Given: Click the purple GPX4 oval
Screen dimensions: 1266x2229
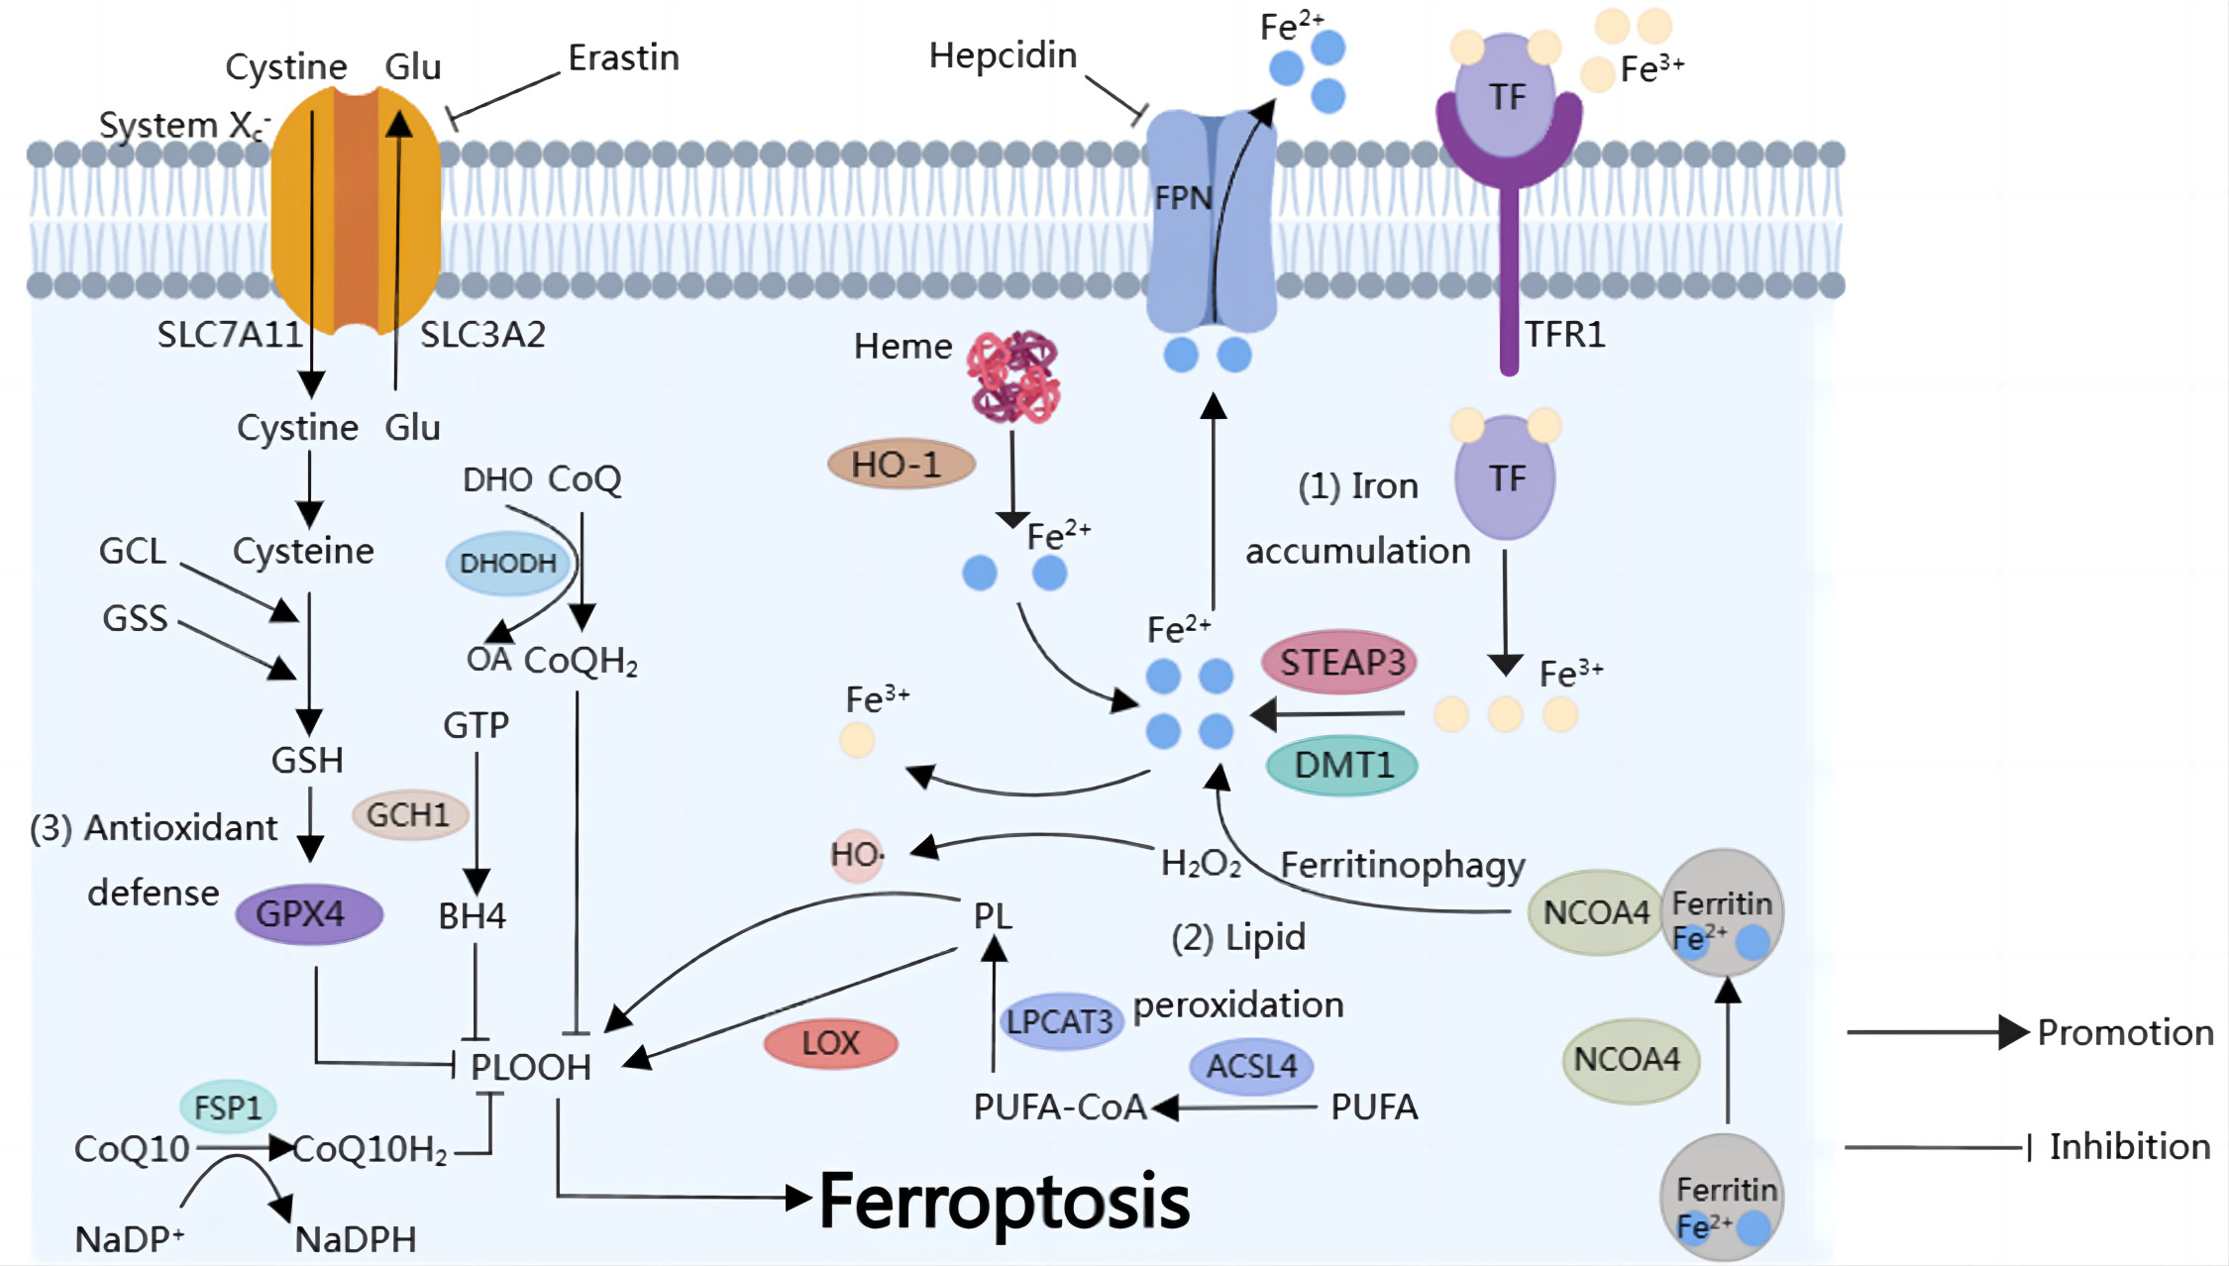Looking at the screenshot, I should [x=308, y=913].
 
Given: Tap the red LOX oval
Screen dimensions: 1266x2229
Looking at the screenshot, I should [x=830, y=1043].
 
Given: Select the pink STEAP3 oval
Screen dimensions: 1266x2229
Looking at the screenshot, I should [x=1339, y=662].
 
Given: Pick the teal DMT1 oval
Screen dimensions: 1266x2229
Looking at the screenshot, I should [x=1341, y=765].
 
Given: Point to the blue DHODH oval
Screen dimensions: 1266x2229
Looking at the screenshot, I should [x=508, y=563].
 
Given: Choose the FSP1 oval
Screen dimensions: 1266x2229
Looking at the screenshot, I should [x=228, y=1107].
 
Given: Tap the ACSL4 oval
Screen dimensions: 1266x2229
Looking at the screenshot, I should [x=1251, y=1066].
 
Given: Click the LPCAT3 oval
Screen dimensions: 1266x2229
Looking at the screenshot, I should [x=1060, y=1021].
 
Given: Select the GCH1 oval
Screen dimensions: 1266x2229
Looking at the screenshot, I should [x=409, y=815].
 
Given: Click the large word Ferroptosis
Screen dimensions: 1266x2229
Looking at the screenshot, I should [x=1004, y=1202].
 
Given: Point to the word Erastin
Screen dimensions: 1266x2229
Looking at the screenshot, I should [x=623, y=58].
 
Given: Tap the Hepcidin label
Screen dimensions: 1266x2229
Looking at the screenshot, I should [x=1003, y=55].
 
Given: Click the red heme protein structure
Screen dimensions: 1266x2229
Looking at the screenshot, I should [x=1013, y=377].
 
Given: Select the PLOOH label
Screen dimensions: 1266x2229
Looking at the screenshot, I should [x=530, y=1067].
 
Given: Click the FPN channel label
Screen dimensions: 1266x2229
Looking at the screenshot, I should [x=1183, y=198].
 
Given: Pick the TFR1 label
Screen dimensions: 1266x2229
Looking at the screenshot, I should [x=1564, y=335].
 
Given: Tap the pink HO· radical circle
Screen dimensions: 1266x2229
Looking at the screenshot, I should [x=856, y=854].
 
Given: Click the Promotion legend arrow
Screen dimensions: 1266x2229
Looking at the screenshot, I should [x=1937, y=1032].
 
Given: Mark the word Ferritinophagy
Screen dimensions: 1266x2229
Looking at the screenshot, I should [x=1402, y=865].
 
